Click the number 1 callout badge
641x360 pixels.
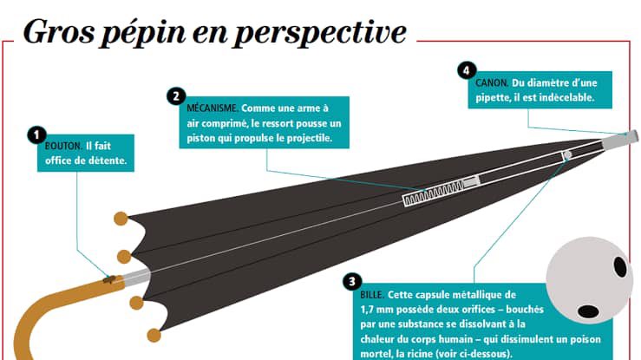click(x=36, y=134)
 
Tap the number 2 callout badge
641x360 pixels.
click(x=177, y=95)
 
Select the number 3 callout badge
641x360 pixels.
click(x=351, y=281)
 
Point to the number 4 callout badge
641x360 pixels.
click(x=467, y=69)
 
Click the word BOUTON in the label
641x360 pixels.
click(x=62, y=146)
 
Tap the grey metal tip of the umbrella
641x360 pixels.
click(x=629, y=135)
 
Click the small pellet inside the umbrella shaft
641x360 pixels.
click(x=566, y=155)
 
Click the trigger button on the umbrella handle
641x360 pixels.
click(x=108, y=278)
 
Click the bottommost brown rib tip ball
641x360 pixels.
click(x=154, y=335)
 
